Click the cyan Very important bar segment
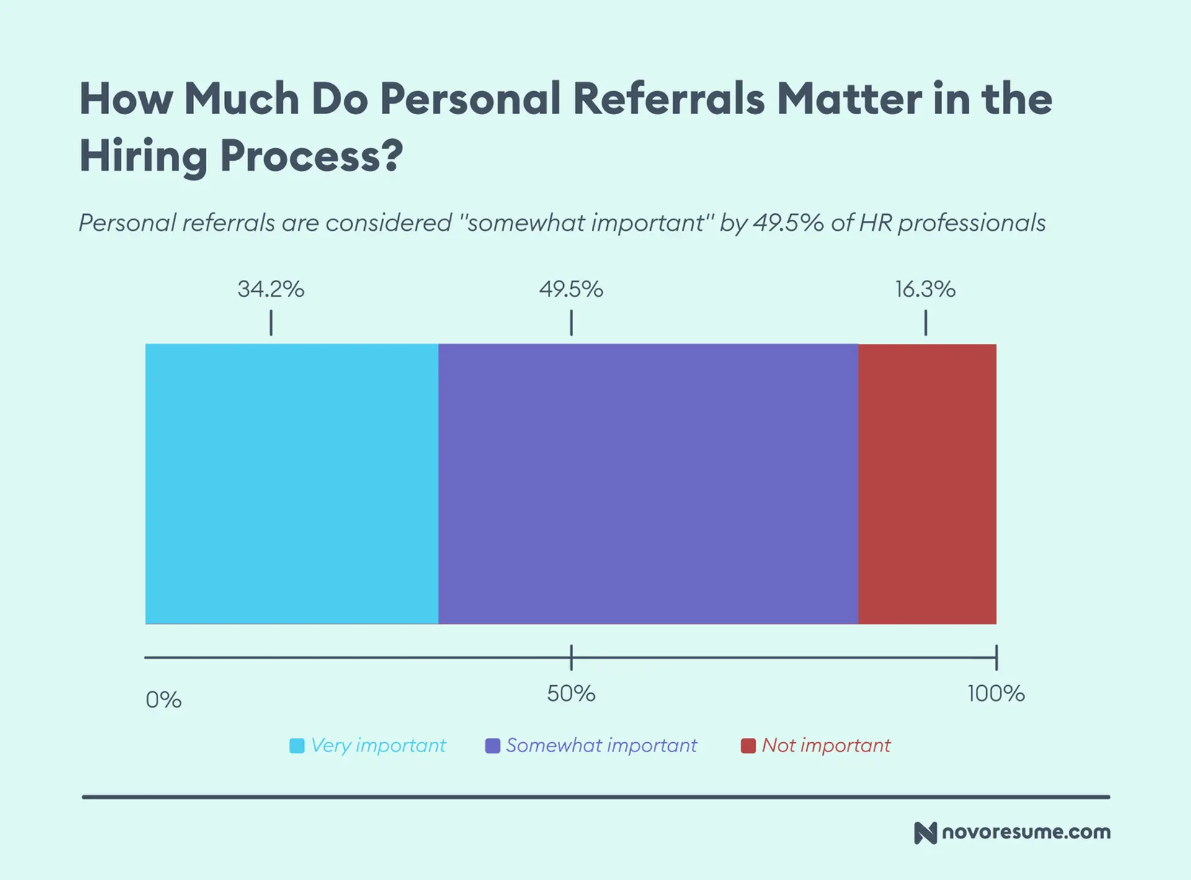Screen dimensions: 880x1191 click(x=292, y=483)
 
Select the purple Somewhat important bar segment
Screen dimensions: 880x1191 click(x=648, y=483)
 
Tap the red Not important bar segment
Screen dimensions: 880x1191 click(x=927, y=483)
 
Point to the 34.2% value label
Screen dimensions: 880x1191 click(x=271, y=289)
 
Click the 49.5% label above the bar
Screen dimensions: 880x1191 click(x=571, y=289)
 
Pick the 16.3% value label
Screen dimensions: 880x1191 click(x=925, y=289)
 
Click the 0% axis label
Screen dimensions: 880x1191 click(x=163, y=700)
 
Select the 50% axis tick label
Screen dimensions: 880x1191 click(x=571, y=694)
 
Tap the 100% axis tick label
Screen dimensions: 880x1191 click(x=996, y=694)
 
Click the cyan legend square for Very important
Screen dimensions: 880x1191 click(x=297, y=745)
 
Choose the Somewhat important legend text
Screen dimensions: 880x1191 click(x=601, y=745)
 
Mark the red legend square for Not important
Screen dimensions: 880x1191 click(x=748, y=745)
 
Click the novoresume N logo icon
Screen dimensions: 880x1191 click(x=925, y=833)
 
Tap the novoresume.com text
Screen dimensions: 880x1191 click(x=1026, y=832)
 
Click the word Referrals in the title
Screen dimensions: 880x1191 click(x=669, y=99)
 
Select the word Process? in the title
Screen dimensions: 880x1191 click(x=311, y=156)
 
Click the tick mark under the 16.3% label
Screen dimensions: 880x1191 click(x=926, y=323)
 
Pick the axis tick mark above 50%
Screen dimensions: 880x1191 click(x=571, y=657)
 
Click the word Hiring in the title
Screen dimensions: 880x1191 click(x=143, y=156)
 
